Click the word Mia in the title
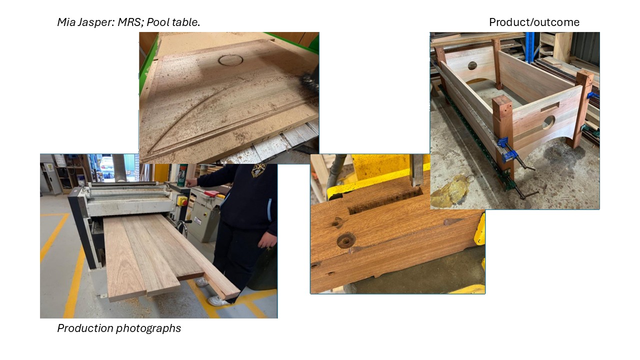(x=66, y=22)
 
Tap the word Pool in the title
(x=158, y=22)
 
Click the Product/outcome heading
(x=534, y=22)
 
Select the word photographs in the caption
(x=148, y=328)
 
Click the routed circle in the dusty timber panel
(x=230, y=60)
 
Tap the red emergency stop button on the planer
(x=184, y=202)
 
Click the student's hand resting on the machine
(x=191, y=182)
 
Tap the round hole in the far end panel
(x=472, y=65)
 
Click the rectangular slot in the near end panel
(x=549, y=107)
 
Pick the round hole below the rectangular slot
(x=548, y=122)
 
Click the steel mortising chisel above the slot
(x=416, y=170)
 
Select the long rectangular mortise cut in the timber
(x=385, y=200)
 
